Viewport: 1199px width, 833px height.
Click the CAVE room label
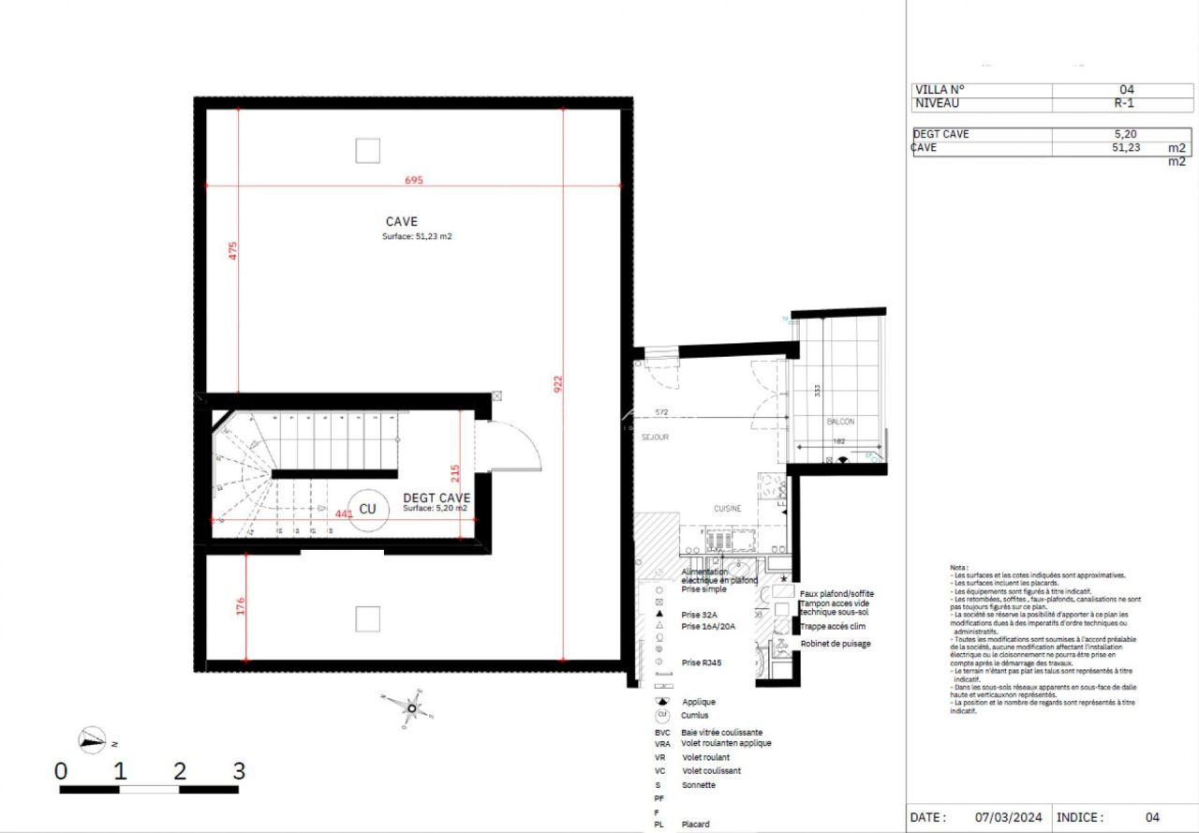[x=402, y=222]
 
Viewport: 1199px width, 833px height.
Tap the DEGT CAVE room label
[x=437, y=498]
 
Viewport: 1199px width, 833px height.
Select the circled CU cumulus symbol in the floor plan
[x=367, y=509]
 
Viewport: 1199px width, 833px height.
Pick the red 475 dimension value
[x=233, y=250]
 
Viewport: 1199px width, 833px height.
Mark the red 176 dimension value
[x=240, y=606]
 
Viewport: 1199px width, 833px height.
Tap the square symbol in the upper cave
[x=368, y=150]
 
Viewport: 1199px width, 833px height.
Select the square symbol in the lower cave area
[x=368, y=617]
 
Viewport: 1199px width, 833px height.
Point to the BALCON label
[x=840, y=422]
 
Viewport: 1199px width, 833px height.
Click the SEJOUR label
[x=655, y=438]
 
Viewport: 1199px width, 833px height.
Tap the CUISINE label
[x=728, y=509]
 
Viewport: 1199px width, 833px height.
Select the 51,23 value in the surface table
[x=1124, y=147]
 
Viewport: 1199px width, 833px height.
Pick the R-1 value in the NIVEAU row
[x=1124, y=104]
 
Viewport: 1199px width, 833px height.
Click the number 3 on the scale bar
[x=239, y=771]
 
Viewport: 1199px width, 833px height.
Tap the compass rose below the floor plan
[x=410, y=707]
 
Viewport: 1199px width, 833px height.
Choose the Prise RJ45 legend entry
[x=703, y=662]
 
